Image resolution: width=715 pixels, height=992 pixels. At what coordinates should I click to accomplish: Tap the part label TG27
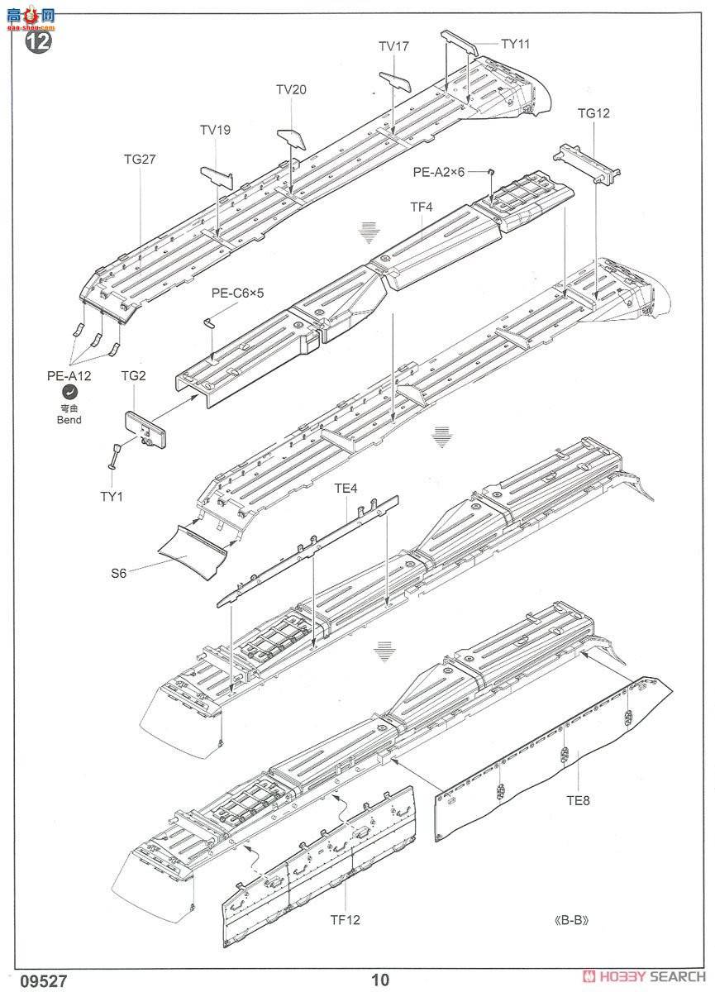[138, 160]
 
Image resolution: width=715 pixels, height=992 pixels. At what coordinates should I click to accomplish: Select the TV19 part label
[215, 130]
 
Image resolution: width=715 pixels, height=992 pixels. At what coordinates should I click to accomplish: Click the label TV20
[291, 90]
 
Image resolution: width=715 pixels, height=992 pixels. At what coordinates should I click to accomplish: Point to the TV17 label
[393, 47]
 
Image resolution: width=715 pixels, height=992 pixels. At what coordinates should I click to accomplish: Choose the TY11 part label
[515, 44]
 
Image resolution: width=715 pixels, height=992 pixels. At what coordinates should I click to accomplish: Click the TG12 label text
[593, 113]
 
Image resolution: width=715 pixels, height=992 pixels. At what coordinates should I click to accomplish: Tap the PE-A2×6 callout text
[440, 171]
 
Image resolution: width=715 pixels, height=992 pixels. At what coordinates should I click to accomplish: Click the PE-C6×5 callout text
[237, 293]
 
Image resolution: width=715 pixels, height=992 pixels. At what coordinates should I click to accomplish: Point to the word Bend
[69, 421]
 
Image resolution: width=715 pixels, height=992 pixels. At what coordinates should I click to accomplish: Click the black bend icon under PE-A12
[69, 394]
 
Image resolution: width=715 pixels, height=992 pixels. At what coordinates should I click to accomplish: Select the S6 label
[118, 572]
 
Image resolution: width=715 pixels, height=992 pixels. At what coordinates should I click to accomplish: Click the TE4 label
[346, 489]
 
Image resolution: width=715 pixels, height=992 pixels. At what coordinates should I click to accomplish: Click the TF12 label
[345, 919]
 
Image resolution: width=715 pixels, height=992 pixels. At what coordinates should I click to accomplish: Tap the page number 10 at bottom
[380, 980]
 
